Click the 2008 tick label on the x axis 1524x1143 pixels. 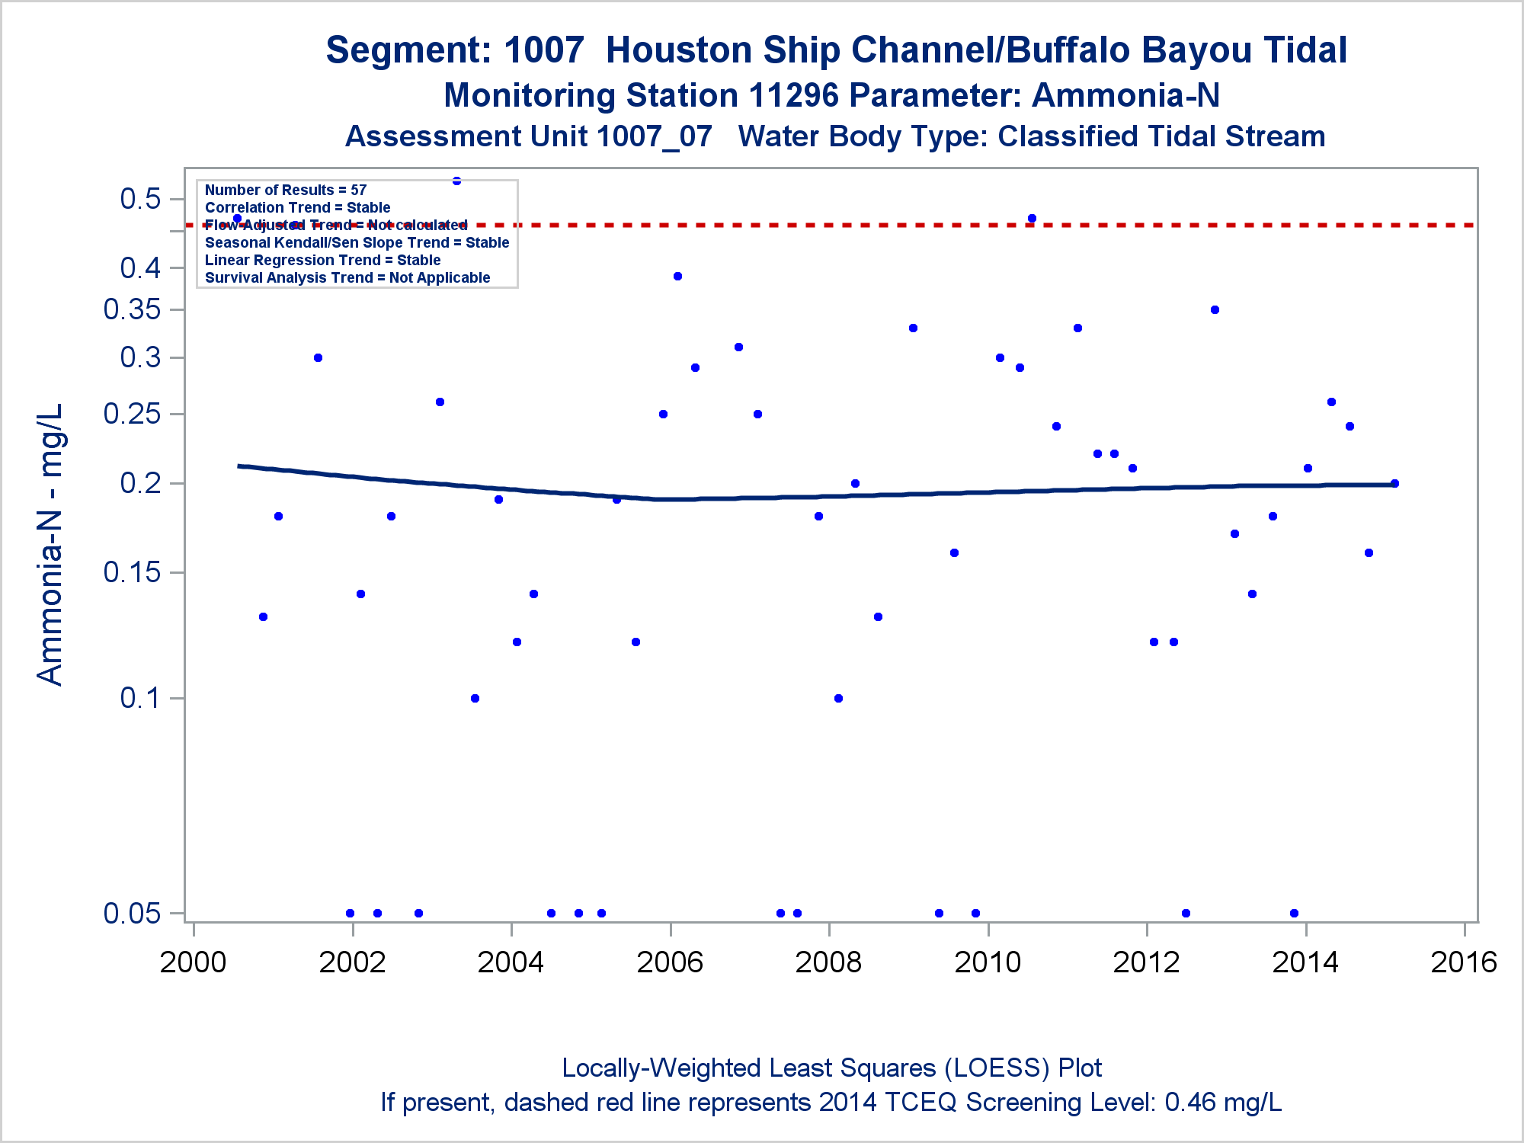tap(828, 962)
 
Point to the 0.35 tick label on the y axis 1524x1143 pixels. tap(133, 309)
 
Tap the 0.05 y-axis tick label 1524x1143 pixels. tap(133, 913)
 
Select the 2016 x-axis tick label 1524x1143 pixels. tap(1464, 962)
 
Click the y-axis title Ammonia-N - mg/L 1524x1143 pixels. tap(50, 544)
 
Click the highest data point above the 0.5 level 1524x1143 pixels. tap(457, 181)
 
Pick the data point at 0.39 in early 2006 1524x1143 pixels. tap(677, 277)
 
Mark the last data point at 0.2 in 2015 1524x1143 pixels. tap(1395, 483)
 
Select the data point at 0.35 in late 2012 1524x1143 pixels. tap(1215, 310)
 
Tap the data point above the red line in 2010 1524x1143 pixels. tap(1032, 219)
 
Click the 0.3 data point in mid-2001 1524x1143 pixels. tap(319, 358)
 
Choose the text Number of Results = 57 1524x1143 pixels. tap(286, 190)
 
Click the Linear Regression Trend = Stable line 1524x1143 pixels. tap(322, 260)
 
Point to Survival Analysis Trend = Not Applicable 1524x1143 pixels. tap(347, 277)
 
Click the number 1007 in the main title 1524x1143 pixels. tap(543, 50)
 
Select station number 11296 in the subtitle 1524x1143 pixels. tap(793, 96)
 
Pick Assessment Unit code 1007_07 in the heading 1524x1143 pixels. tap(654, 137)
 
